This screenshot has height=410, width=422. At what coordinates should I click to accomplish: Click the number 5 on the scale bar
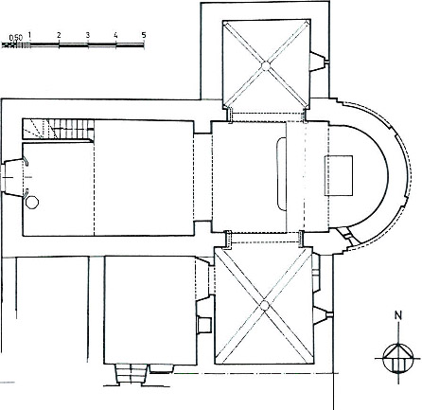(x=144, y=35)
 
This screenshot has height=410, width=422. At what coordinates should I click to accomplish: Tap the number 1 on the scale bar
(x=29, y=35)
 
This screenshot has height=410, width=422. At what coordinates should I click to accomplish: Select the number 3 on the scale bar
(x=88, y=35)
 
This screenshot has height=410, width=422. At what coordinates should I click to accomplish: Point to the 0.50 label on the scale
(x=16, y=38)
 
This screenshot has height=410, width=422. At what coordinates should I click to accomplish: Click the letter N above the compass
(x=399, y=315)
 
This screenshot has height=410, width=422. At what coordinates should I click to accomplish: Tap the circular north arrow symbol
(x=398, y=359)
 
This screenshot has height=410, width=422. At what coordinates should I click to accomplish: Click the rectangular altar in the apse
(x=339, y=175)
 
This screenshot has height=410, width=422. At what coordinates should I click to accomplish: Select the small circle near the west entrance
(x=32, y=203)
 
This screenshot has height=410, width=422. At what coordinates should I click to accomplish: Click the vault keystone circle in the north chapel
(x=266, y=66)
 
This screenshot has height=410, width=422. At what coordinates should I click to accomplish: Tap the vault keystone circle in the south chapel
(x=264, y=305)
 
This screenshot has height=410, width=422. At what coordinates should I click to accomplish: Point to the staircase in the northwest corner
(x=59, y=129)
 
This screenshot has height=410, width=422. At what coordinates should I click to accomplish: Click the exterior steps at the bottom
(x=132, y=374)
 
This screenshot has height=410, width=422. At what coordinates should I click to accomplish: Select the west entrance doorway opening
(x=12, y=177)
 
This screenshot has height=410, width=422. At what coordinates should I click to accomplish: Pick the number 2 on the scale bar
(x=59, y=35)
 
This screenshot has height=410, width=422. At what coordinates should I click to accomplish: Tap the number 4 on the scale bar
(x=115, y=35)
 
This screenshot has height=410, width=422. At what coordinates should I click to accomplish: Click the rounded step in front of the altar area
(x=281, y=173)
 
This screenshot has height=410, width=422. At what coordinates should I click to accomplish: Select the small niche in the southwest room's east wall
(x=202, y=324)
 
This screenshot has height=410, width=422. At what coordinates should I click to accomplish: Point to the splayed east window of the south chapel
(x=323, y=315)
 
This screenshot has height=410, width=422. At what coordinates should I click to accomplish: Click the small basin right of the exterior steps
(x=161, y=368)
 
